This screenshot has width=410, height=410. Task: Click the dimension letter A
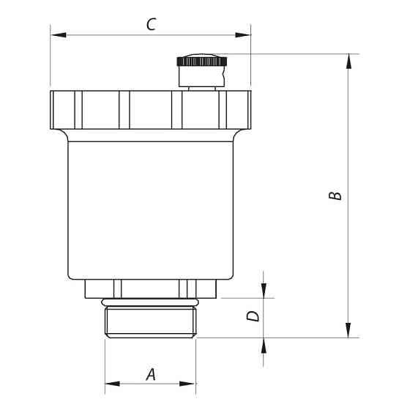[151, 373]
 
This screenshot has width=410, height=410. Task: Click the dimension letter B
[334, 196]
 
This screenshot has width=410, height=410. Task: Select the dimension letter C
[150, 25]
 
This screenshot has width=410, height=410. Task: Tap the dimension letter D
[252, 316]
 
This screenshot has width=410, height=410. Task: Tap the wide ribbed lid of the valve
[150, 110]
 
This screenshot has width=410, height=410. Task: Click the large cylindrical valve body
[150, 209]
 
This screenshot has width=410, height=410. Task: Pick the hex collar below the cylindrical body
[151, 288]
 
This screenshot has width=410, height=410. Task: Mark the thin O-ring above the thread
[151, 302]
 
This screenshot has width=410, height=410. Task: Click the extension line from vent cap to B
[293, 53]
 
